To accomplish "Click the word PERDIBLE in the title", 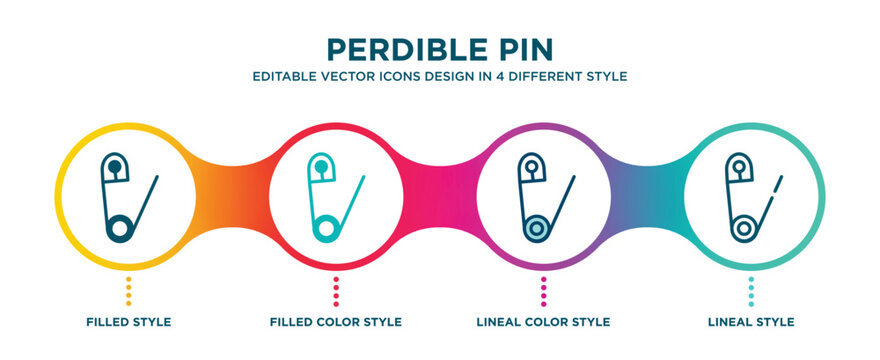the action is click(407, 49).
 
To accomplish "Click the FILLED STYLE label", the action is click(129, 322).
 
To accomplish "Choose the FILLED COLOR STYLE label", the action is click(336, 322).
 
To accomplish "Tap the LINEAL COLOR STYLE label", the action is click(543, 322).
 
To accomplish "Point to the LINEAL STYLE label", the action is click(751, 322).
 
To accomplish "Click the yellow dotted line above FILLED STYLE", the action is click(129, 291).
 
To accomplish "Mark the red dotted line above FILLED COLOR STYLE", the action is click(336, 291).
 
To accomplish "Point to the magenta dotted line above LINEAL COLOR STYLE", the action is click(543, 291).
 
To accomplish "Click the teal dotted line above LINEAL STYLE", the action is click(751, 291).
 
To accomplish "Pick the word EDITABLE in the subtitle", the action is click(277, 76).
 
